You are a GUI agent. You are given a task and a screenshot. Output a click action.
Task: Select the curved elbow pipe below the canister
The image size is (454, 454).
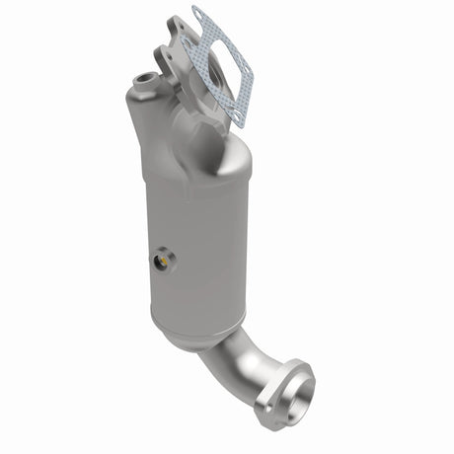tap(237, 365)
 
